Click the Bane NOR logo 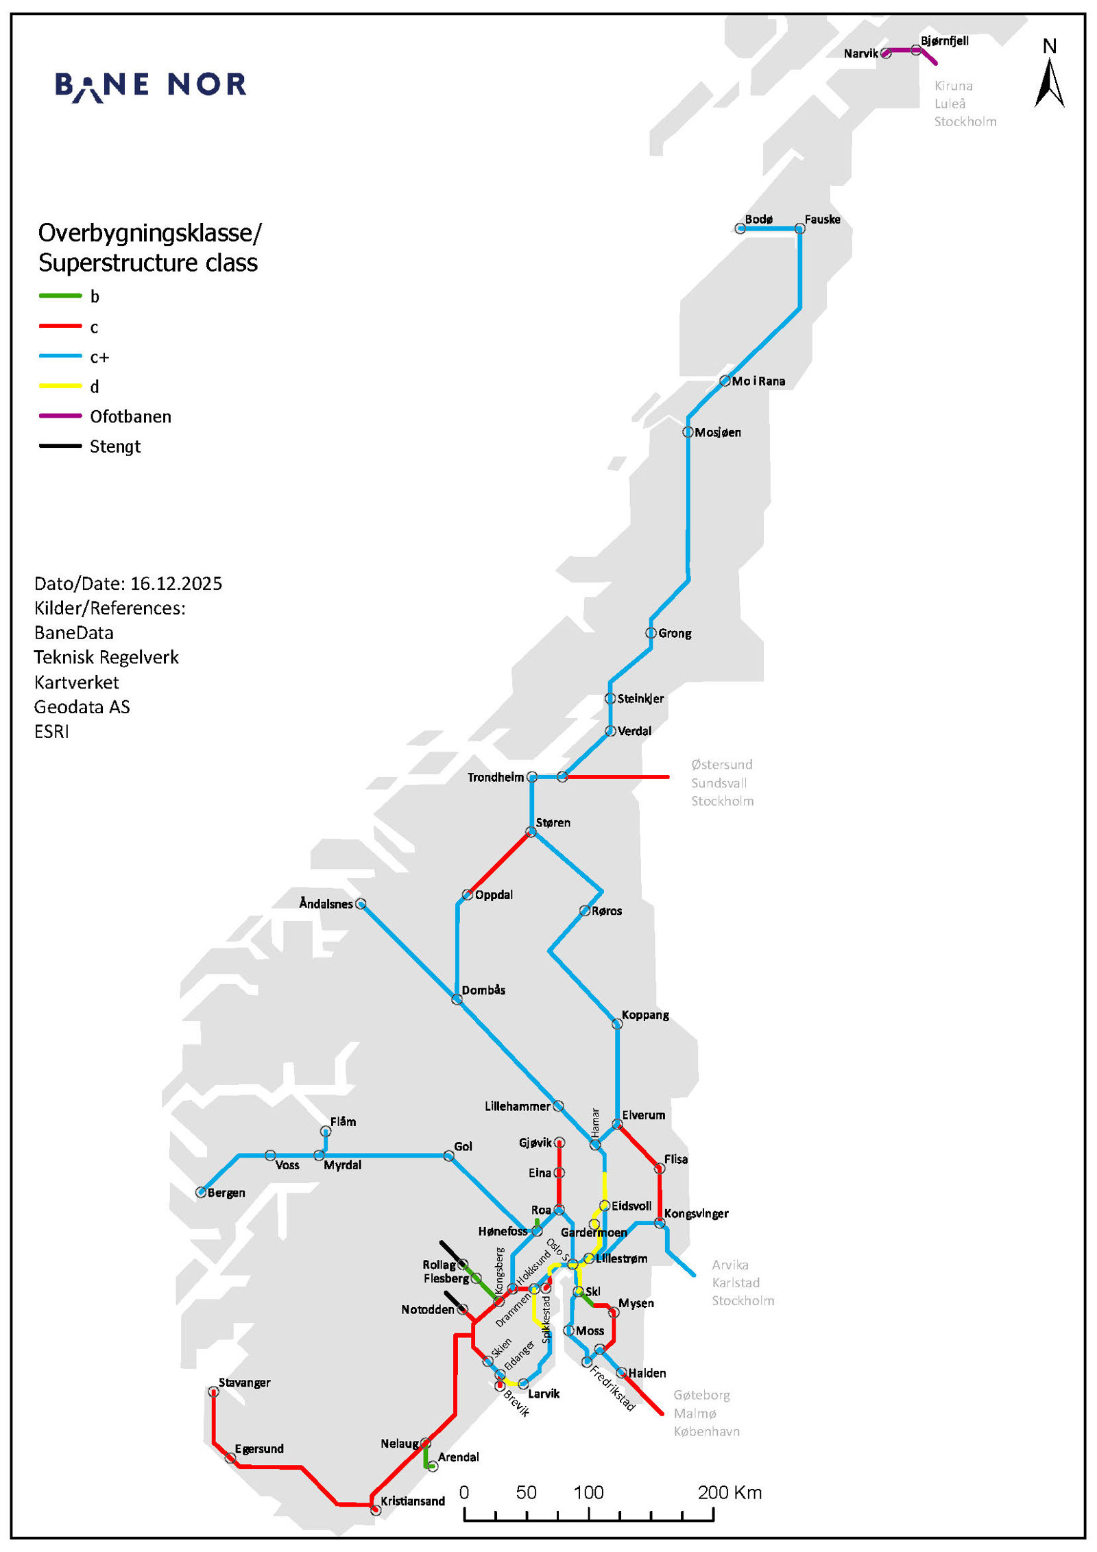150,86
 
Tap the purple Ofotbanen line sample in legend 60,416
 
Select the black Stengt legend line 60,446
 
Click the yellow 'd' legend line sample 60,387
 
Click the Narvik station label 860,53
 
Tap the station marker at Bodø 740,229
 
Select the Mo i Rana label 758,381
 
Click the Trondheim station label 495,777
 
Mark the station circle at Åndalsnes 361,904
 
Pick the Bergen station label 226,1193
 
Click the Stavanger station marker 213,1392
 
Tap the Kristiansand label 413,1501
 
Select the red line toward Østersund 617,777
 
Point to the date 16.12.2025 176,584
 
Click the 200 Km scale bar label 730,1492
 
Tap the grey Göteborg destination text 701,1395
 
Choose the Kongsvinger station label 696,1213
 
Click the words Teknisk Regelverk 106,657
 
